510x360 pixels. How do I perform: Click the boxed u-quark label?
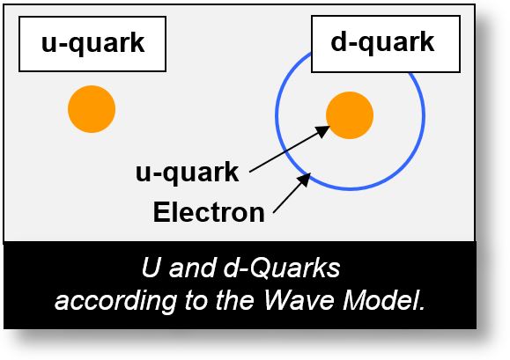point(92,42)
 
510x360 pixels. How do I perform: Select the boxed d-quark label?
point(382,41)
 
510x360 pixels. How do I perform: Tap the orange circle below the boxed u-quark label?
point(92,109)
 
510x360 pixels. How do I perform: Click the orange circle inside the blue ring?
point(350,114)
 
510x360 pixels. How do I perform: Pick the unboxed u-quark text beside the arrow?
point(188,173)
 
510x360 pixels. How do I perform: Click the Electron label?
point(208,212)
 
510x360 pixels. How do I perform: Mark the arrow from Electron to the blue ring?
point(291,194)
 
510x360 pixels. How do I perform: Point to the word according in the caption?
point(104,302)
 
